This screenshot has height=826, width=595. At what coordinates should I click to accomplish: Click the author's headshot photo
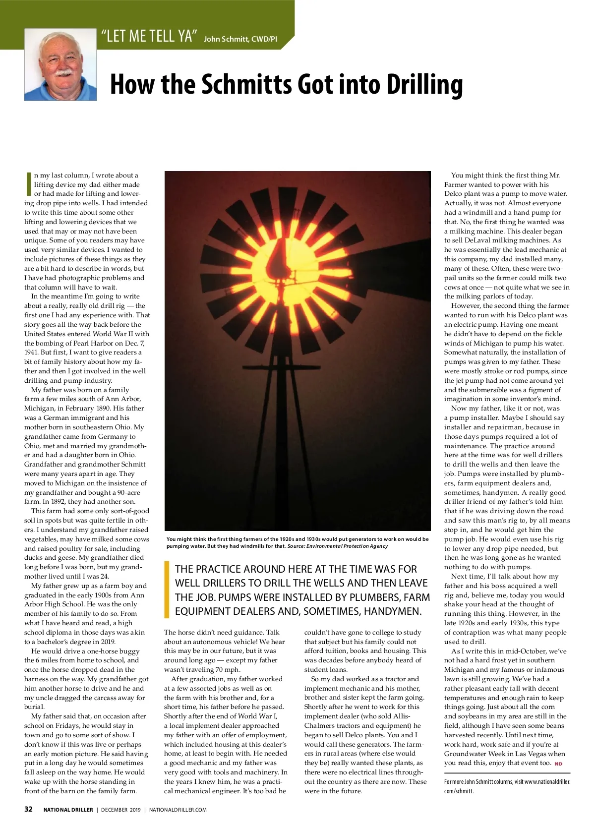[60, 64]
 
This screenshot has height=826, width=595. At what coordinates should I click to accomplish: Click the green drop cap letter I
[29, 184]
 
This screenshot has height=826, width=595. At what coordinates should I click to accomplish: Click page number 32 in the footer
[29, 809]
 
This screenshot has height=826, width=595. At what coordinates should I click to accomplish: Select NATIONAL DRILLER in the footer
[68, 810]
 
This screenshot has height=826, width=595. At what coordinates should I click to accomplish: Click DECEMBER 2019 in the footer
[121, 810]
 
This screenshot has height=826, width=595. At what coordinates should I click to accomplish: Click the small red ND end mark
[558, 764]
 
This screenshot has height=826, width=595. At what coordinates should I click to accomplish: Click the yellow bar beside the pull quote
[167, 590]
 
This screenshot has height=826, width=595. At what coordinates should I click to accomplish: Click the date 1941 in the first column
[31, 352]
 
